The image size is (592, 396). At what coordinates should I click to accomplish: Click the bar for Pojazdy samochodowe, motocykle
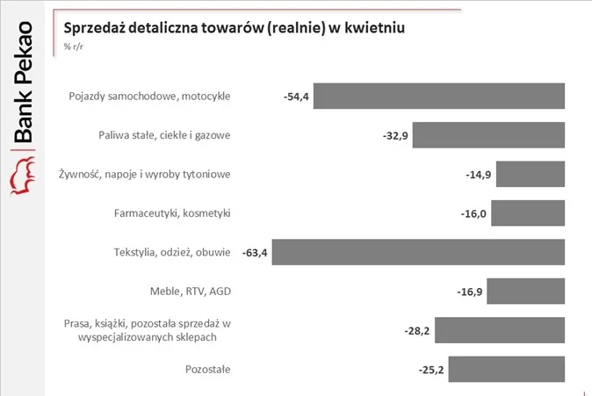[439, 96]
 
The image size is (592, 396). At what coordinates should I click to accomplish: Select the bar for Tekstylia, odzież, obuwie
[418, 252]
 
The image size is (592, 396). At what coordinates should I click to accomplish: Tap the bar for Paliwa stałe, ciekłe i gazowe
[488, 134]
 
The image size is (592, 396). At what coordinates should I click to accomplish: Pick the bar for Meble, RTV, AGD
[525, 291]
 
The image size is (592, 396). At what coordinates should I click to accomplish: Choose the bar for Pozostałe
[507, 369]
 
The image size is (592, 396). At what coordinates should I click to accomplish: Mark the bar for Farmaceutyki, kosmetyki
[528, 212]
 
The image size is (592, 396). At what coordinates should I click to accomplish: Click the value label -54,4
[296, 97]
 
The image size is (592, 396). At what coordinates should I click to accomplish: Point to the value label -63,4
[255, 253]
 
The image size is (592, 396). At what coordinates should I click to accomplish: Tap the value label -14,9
[479, 175]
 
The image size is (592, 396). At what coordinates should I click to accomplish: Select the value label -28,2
[417, 331]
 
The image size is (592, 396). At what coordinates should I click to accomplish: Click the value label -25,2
[431, 370]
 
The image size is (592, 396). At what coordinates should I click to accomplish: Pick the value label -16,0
[473, 213]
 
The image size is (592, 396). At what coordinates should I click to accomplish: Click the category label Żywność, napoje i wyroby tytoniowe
[145, 174]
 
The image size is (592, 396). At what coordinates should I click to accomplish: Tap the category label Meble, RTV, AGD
[191, 291]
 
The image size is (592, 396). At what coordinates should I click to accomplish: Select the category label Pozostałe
[207, 369]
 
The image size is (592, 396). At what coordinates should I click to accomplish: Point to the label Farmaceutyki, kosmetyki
[172, 213]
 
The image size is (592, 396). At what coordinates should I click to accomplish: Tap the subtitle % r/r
[73, 47]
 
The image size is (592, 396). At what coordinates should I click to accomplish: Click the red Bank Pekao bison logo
[22, 176]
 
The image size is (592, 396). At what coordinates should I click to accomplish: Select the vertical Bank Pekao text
[24, 82]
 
